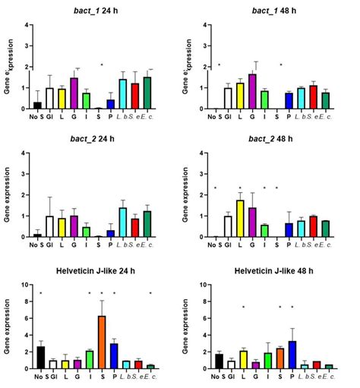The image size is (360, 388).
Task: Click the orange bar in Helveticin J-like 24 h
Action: (x=100, y=342)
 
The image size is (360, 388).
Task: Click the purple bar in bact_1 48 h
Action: (x=253, y=92)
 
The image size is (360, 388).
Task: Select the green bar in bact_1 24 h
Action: (x=87, y=101)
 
